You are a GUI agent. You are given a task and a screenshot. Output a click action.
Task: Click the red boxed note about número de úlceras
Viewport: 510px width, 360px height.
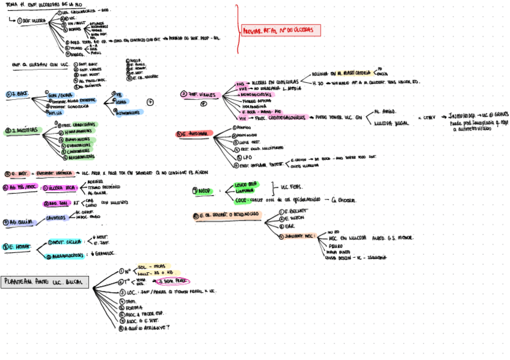pos(280,30)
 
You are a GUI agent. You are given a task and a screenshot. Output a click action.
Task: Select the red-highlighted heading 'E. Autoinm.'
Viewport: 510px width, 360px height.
pos(195,134)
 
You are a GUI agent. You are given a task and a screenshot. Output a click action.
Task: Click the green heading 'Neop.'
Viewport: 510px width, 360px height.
pos(202,191)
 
